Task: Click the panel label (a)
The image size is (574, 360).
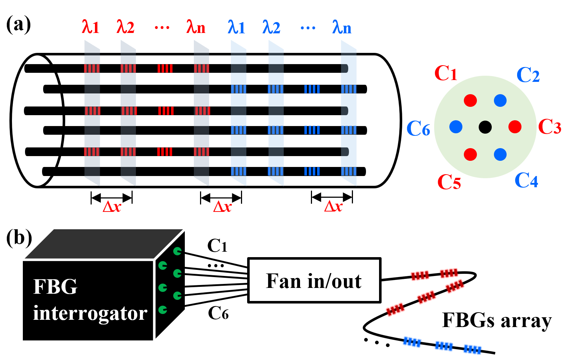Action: pyautogui.click(x=18, y=25)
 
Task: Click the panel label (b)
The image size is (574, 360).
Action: pyautogui.click(x=19, y=238)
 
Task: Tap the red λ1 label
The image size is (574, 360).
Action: pyautogui.click(x=91, y=27)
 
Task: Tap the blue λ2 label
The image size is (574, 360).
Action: pyautogui.click(x=271, y=27)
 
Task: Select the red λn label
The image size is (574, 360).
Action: pyautogui.click(x=196, y=27)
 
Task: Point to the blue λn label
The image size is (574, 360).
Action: pyautogui.click(x=342, y=27)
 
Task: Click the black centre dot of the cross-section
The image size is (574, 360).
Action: pyautogui.click(x=485, y=127)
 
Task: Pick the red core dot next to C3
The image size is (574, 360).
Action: pyautogui.click(x=515, y=127)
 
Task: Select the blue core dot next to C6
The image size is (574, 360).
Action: pyautogui.click(x=456, y=127)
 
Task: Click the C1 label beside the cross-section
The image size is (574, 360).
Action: pyautogui.click(x=446, y=73)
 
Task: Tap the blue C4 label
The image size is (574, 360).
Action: pyautogui.click(x=527, y=180)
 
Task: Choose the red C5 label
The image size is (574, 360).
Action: pyautogui.click(x=449, y=182)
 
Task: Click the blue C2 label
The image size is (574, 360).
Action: pyautogui.click(x=528, y=75)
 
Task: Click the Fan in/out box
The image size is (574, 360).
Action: pyautogui.click(x=314, y=280)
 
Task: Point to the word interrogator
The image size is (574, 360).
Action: pyautogui.click(x=90, y=313)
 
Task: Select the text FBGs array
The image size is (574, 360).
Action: pyautogui.click(x=497, y=321)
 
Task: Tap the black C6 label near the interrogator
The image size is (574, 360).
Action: pyautogui.click(x=218, y=313)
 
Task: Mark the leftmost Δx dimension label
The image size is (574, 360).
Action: pyautogui.click(x=112, y=207)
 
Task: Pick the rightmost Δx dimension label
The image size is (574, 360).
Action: pyautogui.click(x=333, y=206)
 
